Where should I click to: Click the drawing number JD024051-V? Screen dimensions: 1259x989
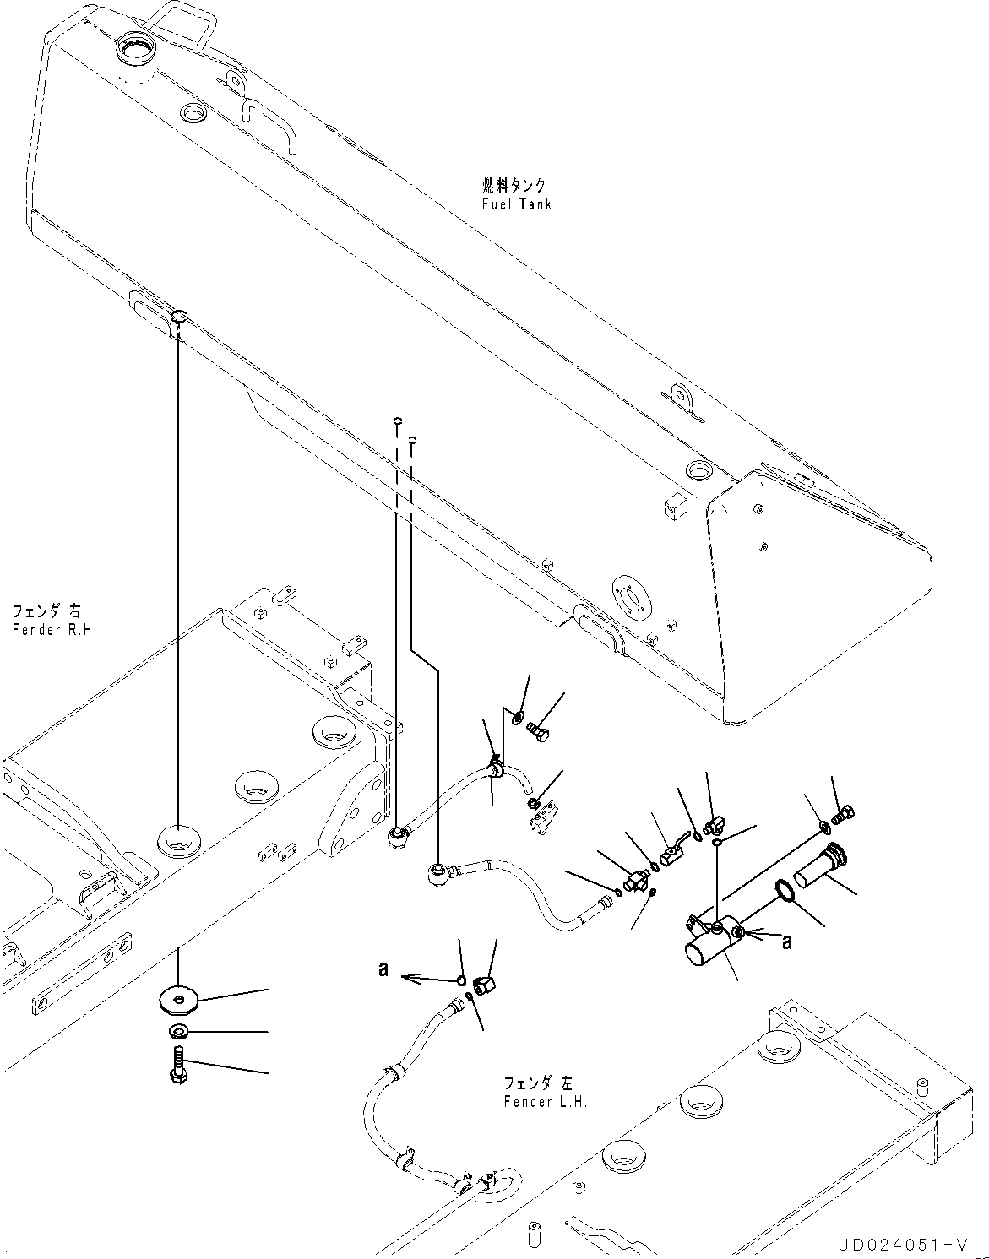coord(902,1245)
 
